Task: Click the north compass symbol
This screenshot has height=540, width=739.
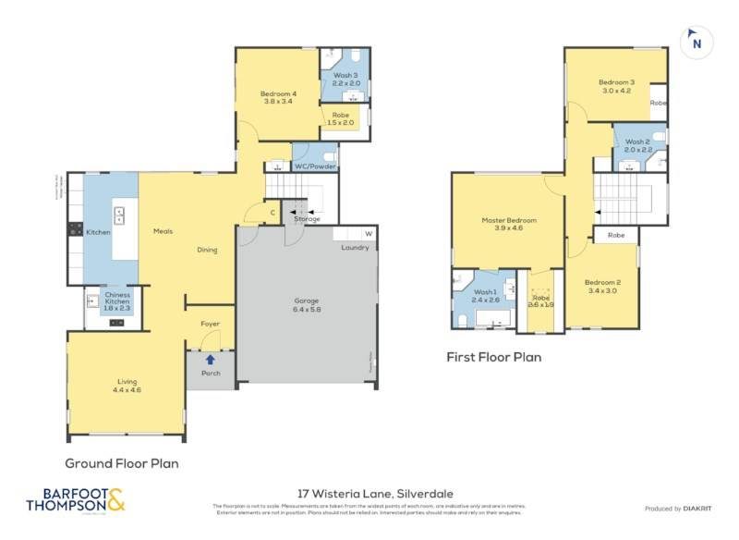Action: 697,42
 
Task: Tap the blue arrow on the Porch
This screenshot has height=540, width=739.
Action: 211,360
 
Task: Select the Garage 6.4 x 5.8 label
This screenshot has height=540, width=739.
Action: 308,306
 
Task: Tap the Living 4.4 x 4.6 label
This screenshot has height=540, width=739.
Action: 127,386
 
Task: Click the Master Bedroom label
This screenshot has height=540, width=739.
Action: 509,225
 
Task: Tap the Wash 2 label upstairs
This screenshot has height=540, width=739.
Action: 637,145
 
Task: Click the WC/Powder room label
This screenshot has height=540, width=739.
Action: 315,166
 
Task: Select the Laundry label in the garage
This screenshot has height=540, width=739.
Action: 355,247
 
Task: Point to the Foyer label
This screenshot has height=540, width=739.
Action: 211,324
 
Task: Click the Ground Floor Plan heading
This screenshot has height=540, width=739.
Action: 121,463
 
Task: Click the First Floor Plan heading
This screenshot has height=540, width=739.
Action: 493,356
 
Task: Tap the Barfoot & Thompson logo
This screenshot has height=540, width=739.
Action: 75,500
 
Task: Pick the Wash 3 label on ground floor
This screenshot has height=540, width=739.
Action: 345,79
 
